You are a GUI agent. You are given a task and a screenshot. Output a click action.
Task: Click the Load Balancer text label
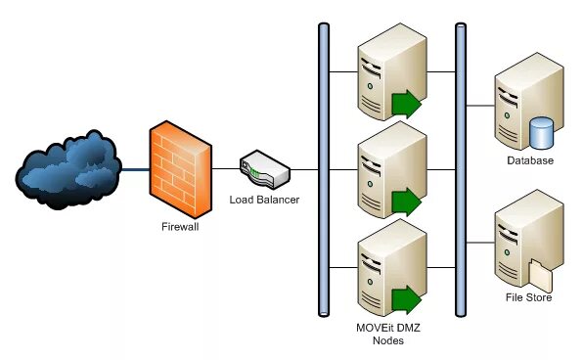[264, 201]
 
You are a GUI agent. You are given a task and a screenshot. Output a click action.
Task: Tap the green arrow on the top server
[405, 103]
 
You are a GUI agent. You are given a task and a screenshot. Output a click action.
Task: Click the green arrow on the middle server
[405, 202]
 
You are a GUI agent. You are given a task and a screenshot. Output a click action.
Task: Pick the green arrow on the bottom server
[405, 299]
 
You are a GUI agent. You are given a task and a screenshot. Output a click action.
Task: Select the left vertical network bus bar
[324, 168]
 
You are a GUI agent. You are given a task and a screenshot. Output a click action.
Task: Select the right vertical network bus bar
[460, 168]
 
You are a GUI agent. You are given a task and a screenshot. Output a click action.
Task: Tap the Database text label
[529, 160]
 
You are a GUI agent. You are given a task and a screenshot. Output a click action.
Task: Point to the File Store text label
[529, 297]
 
